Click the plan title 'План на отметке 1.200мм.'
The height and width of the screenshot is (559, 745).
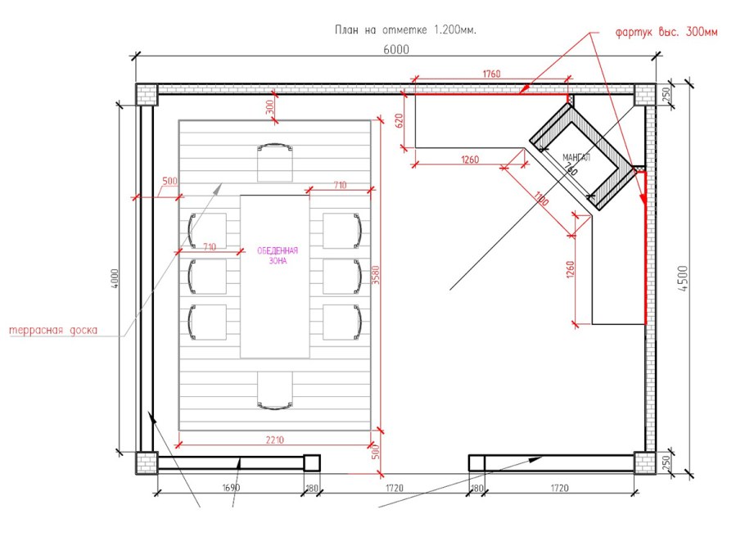coord(405,30)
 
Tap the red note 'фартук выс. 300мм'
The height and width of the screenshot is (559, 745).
coord(666,32)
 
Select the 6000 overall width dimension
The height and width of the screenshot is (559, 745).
coord(395,49)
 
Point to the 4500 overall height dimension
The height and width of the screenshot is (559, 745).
coord(682,278)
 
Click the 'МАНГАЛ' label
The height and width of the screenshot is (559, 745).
coord(576,158)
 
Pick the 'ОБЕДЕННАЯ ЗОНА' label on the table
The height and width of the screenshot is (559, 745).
coord(278,255)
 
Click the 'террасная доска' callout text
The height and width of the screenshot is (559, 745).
coord(53,330)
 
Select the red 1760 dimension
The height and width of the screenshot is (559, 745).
coord(492,74)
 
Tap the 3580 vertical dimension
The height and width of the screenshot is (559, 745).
coord(375,274)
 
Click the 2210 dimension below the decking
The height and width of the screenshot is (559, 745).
coord(274,440)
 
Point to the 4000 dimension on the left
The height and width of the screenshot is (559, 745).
coord(114,279)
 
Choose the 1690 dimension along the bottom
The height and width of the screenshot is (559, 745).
coord(232,488)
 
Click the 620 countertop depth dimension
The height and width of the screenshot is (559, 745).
coord(400,120)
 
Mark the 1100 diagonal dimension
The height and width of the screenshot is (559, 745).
coord(541,199)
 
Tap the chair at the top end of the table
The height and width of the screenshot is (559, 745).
coord(274,162)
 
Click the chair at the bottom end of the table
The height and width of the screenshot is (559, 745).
coord(274,390)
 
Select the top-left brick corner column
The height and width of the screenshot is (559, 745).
coord(147,94)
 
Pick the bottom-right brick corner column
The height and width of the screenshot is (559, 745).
coord(645,462)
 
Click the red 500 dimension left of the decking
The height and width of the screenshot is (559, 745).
coord(169,181)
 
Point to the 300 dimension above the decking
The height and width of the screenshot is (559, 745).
coord(270,107)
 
